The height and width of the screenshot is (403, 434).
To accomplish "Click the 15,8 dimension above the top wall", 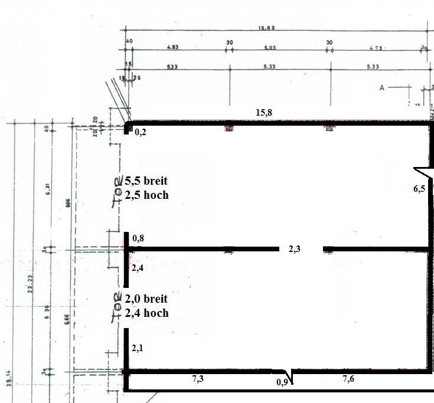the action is pyautogui.click(x=264, y=113).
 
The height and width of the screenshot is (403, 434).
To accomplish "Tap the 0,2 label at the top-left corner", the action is pyautogui.click(x=141, y=133).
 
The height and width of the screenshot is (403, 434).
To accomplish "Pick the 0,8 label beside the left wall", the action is pyautogui.click(x=138, y=239).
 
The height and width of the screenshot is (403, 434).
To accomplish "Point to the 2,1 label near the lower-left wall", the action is pyautogui.click(x=138, y=349).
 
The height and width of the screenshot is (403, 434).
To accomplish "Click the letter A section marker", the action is pyautogui.click(x=382, y=88).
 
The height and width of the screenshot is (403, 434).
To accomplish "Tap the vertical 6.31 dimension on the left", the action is pyautogui.click(x=48, y=189).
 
